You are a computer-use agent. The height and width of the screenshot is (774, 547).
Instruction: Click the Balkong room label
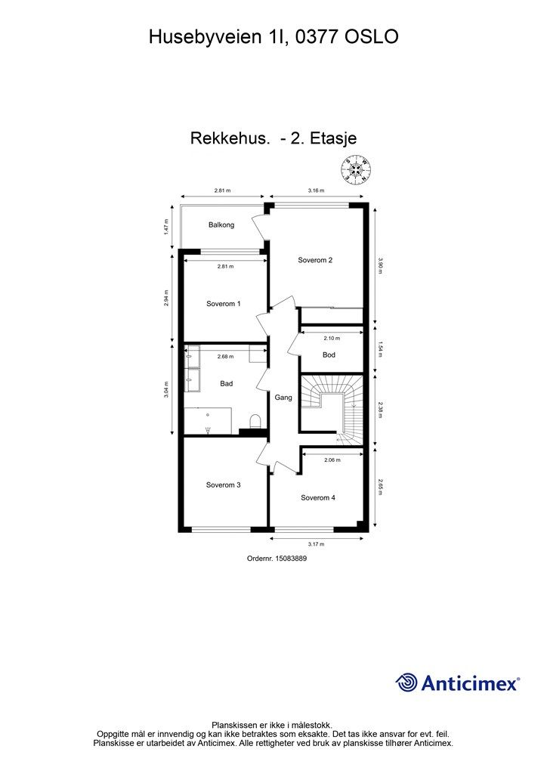[221, 225]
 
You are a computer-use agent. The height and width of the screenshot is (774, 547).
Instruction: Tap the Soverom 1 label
[224, 304]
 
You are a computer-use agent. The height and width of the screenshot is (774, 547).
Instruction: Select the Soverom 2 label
[315, 260]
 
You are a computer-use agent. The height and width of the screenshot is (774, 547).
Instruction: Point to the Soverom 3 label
[224, 485]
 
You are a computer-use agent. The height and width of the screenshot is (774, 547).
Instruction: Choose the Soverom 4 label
[318, 497]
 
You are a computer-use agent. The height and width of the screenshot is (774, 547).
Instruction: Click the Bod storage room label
[329, 355]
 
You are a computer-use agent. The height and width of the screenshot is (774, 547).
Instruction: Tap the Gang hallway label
[283, 398]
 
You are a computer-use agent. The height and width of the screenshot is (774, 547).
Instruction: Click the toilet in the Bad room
[255, 421]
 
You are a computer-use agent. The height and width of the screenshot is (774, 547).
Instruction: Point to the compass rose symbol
[355, 170]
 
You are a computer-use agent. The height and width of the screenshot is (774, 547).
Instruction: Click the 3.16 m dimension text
[316, 190]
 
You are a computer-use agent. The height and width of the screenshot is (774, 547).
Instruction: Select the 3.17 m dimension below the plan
[316, 544]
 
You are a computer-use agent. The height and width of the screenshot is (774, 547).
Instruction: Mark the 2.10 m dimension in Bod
[332, 339]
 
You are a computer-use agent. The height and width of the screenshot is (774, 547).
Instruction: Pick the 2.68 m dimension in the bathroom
[225, 357]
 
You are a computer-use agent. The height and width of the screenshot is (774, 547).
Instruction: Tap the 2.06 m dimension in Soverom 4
[332, 460]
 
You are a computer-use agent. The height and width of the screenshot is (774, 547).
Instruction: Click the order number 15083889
[291, 559]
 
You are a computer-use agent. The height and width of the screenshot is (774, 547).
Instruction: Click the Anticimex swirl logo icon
[406, 683]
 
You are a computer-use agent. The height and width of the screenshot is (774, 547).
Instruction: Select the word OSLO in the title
[371, 37]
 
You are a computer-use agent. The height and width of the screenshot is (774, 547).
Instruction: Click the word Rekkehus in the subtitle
[230, 139]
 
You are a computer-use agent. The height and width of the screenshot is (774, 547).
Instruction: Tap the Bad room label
[227, 383]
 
